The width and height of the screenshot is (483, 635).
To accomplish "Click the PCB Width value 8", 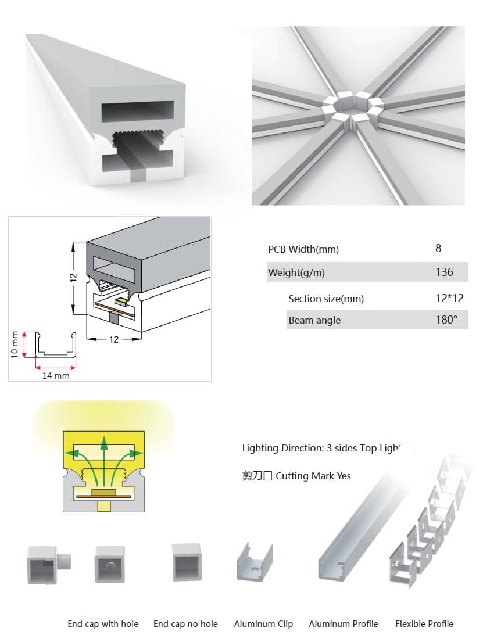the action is click(x=438, y=248).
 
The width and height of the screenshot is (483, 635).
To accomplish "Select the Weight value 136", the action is click(x=444, y=272).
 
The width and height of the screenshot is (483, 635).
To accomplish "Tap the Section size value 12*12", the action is click(x=449, y=299).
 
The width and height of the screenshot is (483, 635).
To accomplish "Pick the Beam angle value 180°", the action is click(x=446, y=320).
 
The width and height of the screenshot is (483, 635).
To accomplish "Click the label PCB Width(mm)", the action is click(x=303, y=249).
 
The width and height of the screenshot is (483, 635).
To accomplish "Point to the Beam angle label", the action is click(x=314, y=320).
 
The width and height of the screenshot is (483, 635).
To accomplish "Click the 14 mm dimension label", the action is click(x=56, y=376).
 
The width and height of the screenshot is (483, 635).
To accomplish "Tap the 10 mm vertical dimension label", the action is click(x=15, y=345).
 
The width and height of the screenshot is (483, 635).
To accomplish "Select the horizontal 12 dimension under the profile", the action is click(x=114, y=339).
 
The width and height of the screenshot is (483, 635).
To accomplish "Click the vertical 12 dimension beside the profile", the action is click(x=73, y=278).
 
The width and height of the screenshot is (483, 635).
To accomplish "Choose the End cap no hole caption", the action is click(x=185, y=623).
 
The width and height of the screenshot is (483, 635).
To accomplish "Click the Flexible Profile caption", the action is click(x=424, y=623).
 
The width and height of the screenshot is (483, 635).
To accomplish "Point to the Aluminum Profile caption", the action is click(x=343, y=623).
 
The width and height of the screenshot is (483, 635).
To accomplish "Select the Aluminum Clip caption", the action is click(x=263, y=623).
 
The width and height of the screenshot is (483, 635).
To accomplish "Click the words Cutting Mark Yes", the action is click(x=313, y=476).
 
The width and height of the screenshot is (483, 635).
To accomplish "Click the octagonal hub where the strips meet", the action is click(x=353, y=107).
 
